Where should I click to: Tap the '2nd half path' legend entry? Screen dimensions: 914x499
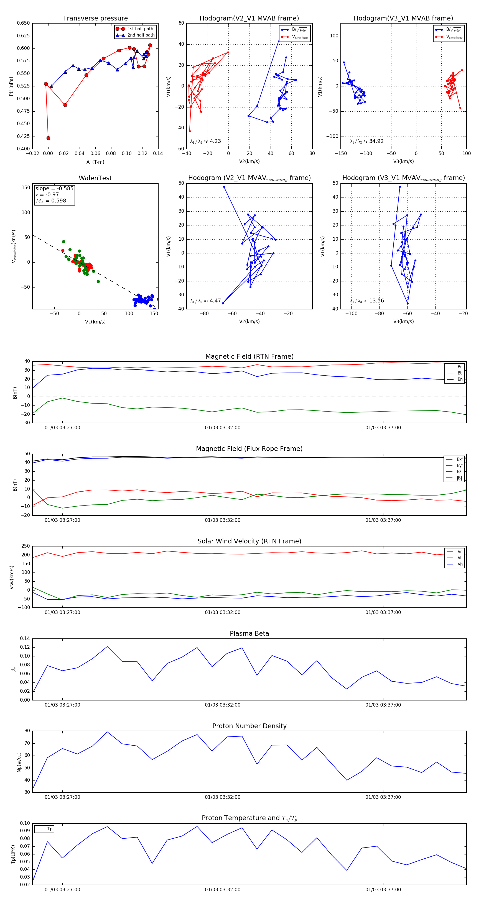click(141, 35)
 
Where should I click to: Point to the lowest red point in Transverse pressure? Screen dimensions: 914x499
click(48, 138)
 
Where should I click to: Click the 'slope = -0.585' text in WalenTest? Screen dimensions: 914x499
click(54, 188)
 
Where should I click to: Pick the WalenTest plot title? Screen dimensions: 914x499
click(95, 178)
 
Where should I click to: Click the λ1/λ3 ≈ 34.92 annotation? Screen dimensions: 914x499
click(366, 141)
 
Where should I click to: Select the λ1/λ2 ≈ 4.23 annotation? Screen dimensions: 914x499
click(205, 141)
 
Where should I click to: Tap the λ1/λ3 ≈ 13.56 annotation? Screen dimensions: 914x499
click(366, 301)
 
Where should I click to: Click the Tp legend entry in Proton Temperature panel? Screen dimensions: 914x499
click(49, 829)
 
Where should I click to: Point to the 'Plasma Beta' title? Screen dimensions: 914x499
click(249, 633)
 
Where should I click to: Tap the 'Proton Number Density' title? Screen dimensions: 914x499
click(249, 726)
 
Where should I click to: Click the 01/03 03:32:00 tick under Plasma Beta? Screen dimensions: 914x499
click(223, 705)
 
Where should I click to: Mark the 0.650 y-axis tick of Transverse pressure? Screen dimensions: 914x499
click(24, 23)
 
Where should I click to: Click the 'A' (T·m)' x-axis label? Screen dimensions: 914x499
click(95, 162)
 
